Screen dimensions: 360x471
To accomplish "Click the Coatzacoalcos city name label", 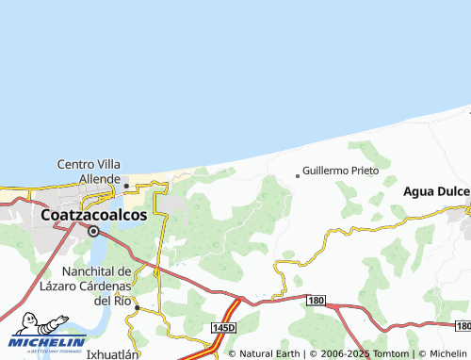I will [x=93, y=215].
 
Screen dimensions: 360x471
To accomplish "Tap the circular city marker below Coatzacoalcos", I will [x=94, y=230].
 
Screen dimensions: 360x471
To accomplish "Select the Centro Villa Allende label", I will [x=89, y=171].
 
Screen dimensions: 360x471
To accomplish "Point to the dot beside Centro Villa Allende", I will [x=126, y=186].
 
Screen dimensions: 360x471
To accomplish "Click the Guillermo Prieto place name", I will [x=341, y=172].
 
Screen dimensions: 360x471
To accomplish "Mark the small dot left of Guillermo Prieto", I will [x=298, y=174].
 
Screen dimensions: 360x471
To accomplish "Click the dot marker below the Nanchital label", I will [x=137, y=307].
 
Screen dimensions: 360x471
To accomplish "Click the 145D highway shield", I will [x=223, y=326].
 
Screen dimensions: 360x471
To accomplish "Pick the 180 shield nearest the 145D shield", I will [x=317, y=300].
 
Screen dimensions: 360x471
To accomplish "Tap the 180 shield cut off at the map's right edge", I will [x=462, y=325].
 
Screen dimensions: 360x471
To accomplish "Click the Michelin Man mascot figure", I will [x=26, y=324].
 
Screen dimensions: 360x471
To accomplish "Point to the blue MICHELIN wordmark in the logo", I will [x=50, y=342].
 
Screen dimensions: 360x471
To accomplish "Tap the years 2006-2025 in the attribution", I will [x=342, y=353].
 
